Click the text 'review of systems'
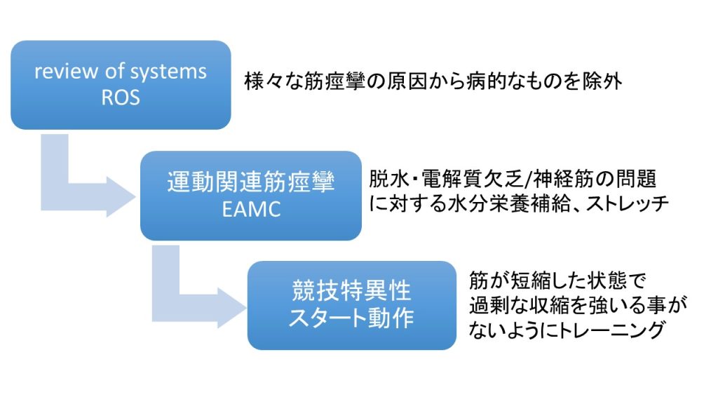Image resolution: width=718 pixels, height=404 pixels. click(x=121, y=72)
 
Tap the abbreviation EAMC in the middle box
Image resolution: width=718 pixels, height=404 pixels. click(x=250, y=208)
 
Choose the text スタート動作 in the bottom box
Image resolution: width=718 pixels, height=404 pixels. click(x=351, y=318)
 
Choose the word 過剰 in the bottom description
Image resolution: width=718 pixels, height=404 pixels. click(x=493, y=306)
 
